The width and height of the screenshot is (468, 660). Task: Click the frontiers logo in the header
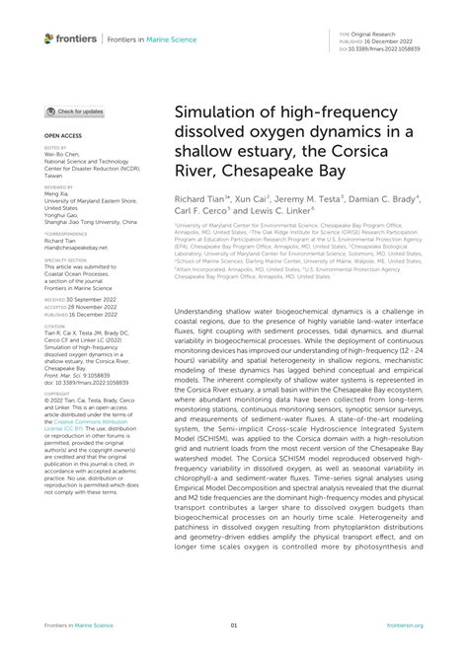(73, 37)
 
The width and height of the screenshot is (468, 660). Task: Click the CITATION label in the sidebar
(53, 323)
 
